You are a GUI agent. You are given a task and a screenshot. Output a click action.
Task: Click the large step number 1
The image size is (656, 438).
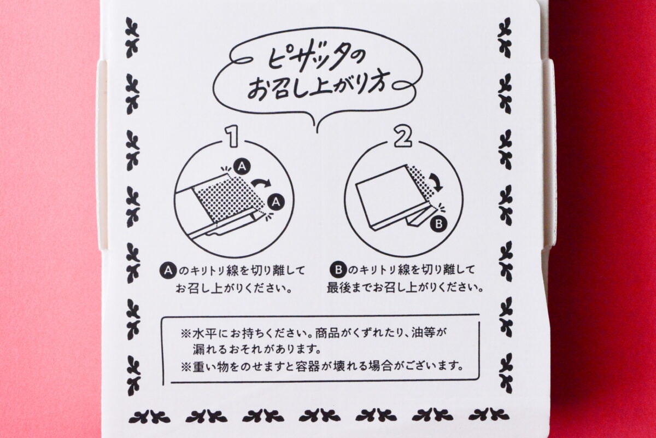pos(233,137)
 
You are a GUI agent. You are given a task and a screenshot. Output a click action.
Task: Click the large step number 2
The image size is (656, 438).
pos(403,137)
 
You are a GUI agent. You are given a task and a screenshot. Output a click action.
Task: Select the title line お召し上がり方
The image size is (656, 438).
pos(317,90)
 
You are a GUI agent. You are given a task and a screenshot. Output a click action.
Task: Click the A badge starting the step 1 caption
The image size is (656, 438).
pos(168,270)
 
